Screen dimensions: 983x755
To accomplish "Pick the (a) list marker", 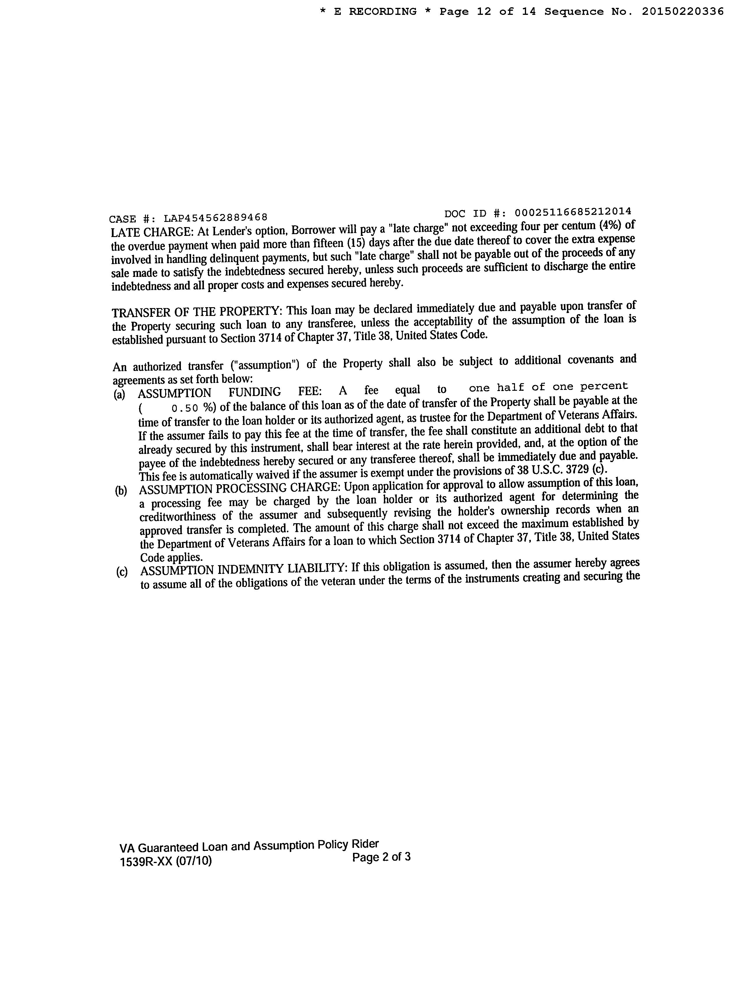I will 119,395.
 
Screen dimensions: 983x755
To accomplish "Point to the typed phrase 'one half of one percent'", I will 548,387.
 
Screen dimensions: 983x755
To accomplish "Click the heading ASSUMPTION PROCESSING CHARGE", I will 240,488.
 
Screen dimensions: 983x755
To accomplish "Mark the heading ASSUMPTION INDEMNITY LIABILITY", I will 243,570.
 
